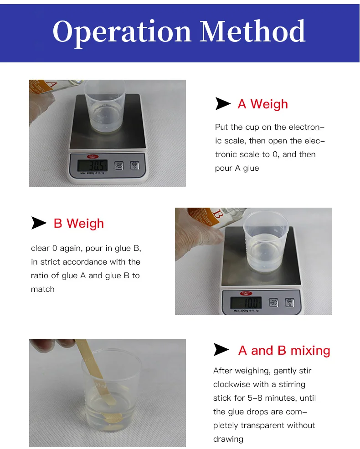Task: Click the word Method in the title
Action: (252, 31)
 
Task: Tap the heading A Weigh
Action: (262, 104)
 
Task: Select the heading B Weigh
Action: (78, 223)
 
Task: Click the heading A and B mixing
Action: (284, 350)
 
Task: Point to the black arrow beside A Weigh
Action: (223, 104)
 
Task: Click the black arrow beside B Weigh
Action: (39, 223)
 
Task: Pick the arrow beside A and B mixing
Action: (221, 350)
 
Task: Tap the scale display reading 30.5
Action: (93, 165)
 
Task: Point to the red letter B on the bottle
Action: (217, 214)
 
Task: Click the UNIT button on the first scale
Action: (119, 165)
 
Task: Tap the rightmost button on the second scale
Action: (289, 302)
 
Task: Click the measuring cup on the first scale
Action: (105, 106)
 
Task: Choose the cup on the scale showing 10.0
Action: (266, 241)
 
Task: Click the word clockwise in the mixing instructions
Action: (231, 384)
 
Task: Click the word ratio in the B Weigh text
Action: (40, 276)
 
